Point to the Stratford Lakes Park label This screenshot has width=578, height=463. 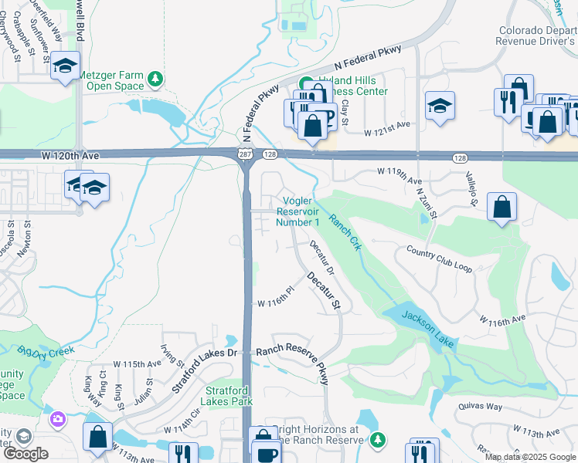(x=226, y=396)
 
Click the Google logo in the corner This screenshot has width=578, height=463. (x=25, y=454)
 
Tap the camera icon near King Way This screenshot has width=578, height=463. (x=56, y=420)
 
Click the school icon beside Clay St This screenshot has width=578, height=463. (x=440, y=105)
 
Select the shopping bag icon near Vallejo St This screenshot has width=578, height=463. (x=501, y=206)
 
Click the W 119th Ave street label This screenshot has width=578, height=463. (x=399, y=172)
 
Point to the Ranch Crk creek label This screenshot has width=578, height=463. (x=345, y=231)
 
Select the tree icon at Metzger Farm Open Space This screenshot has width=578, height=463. (x=155, y=79)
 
